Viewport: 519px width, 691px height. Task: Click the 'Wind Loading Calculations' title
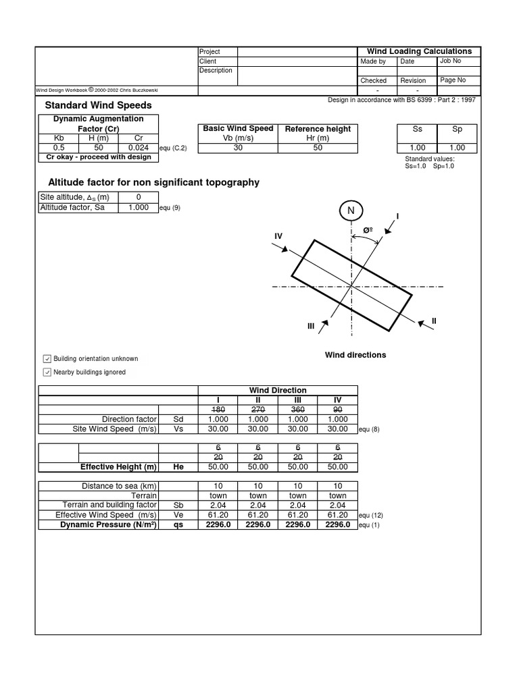[419, 51]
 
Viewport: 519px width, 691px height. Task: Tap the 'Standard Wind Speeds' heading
[98, 105]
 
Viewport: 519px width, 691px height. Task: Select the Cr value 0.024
[139, 148]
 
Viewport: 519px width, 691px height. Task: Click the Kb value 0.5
[59, 148]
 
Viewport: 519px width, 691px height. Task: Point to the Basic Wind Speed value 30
[238, 148]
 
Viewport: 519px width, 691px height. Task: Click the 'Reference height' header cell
[318, 129]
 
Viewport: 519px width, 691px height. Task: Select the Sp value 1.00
[457, 148]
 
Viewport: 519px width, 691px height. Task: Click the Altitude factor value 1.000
[138, 208]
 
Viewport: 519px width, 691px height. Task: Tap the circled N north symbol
[351, 211]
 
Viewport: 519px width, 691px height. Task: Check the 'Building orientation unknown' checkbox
[47, 358]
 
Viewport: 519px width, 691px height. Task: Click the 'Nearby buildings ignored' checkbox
[47, 372]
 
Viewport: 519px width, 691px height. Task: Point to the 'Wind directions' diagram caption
[355, 355]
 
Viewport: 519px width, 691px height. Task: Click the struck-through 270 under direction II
[258, 409]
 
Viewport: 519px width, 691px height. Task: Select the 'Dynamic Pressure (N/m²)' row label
[109, 524]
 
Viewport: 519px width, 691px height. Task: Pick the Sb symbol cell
[178, 505]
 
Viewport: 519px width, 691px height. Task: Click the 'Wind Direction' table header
[278, 390]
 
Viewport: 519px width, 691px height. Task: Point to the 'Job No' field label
[450, 61]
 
